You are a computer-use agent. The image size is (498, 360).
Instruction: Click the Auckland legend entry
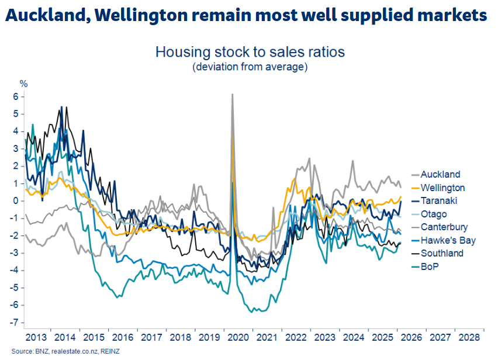pos(440,174)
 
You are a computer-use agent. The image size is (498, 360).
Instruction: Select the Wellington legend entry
pos(443,188)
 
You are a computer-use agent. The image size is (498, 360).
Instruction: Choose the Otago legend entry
pos(434,214)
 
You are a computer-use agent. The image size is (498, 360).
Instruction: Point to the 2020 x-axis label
pos(238,337)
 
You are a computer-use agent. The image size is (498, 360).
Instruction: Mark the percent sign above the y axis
pos(24,84)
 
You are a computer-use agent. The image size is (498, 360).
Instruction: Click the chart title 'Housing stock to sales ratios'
pos(250,52)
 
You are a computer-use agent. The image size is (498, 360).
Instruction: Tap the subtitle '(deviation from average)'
pos(250,67)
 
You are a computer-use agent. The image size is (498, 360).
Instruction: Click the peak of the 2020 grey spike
pos(233,94)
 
